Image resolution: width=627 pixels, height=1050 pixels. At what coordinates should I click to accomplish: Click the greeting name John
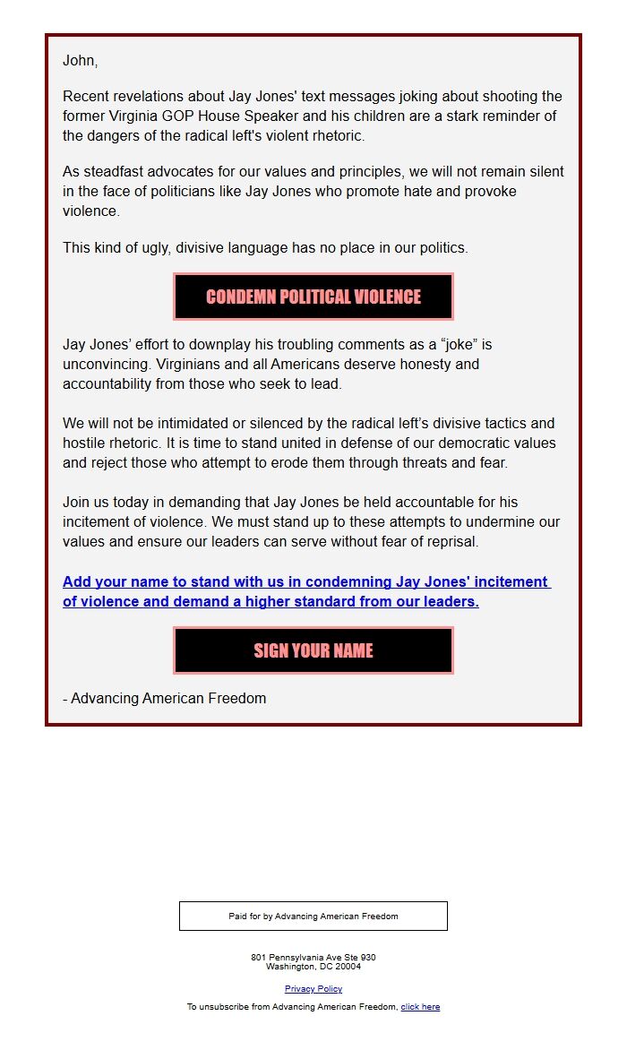pyautogui.click(x=79, y=61)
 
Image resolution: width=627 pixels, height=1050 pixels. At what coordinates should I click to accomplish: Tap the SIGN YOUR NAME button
pyautogui.click(x=313, y=650)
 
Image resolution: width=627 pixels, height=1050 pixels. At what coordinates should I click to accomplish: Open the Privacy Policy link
pyautogui.click(x=313, y=989)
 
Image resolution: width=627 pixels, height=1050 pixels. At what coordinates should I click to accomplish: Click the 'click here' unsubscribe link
pyautogui.click(x=420, y=1007)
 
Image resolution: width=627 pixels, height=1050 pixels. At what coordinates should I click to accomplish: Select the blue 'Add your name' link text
pyautogui.click(x=305, y=591)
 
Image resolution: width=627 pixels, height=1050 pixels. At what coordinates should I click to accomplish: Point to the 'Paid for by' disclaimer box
pyautogui.click(x=313, y=916)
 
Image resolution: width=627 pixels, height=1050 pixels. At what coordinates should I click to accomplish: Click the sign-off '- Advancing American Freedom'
pyautogui.click(x=164, y=698)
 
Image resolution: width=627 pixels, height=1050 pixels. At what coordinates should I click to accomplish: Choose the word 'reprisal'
pyautogui.click(x=451, y=541)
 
